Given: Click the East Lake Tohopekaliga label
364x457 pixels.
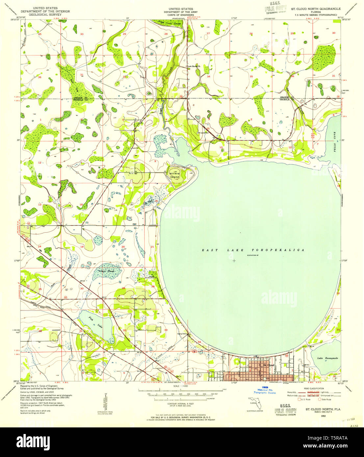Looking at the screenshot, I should click(x=252, y=250).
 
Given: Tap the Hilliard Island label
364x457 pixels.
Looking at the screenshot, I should click(x=174, y=175).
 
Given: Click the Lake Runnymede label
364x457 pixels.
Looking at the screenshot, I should click(x=327, y=358).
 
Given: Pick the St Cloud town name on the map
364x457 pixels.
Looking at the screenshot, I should click(x=269, y=365).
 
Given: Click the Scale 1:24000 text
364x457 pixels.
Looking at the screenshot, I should click(x=180, y=386).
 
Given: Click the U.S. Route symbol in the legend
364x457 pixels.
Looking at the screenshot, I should click(x=299, y=400).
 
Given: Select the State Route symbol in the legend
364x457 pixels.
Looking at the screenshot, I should click(x=320, y=400).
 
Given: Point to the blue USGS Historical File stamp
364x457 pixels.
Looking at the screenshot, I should click(x=265, y=390).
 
